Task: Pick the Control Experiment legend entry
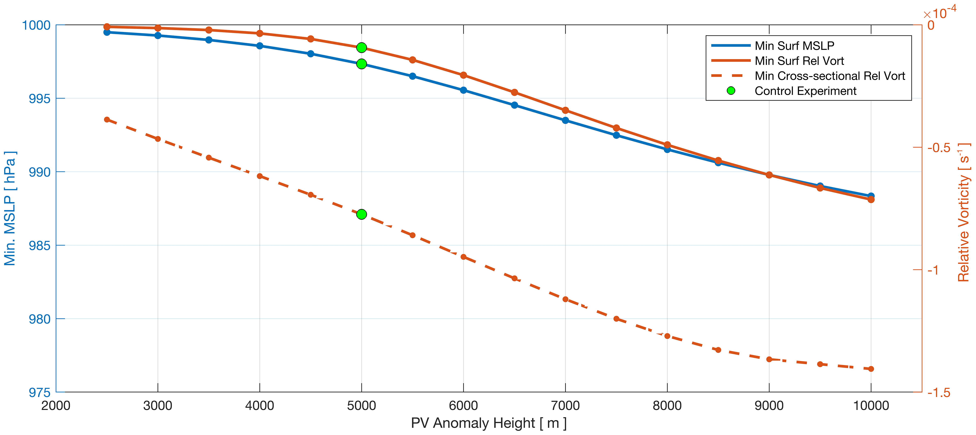point(805,91)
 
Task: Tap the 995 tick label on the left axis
point(39,98)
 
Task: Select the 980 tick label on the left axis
point(39,319)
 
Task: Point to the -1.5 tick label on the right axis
point(939,393)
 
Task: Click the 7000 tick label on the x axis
point(565,406)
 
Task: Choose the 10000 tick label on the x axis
point(871,406)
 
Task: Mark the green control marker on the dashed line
point(361,215)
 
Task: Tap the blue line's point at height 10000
point(871,196)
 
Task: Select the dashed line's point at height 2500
point(107,120)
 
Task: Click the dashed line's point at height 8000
point(667,336)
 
